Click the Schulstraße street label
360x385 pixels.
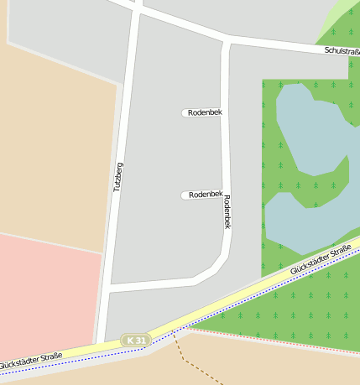[341, 51]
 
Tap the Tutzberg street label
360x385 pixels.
[119, 176]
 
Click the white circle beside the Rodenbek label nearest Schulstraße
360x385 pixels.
[185, 112]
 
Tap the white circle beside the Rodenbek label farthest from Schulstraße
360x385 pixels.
[185, 195]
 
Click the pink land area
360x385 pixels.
[46, 294]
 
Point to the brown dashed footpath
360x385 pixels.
[201, 365]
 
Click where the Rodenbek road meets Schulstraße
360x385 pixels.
[227, 39]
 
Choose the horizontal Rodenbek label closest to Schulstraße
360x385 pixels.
[206, 112]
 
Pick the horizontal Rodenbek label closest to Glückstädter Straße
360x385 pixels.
[206, 195]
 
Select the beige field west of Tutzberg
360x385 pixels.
[50, 151]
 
